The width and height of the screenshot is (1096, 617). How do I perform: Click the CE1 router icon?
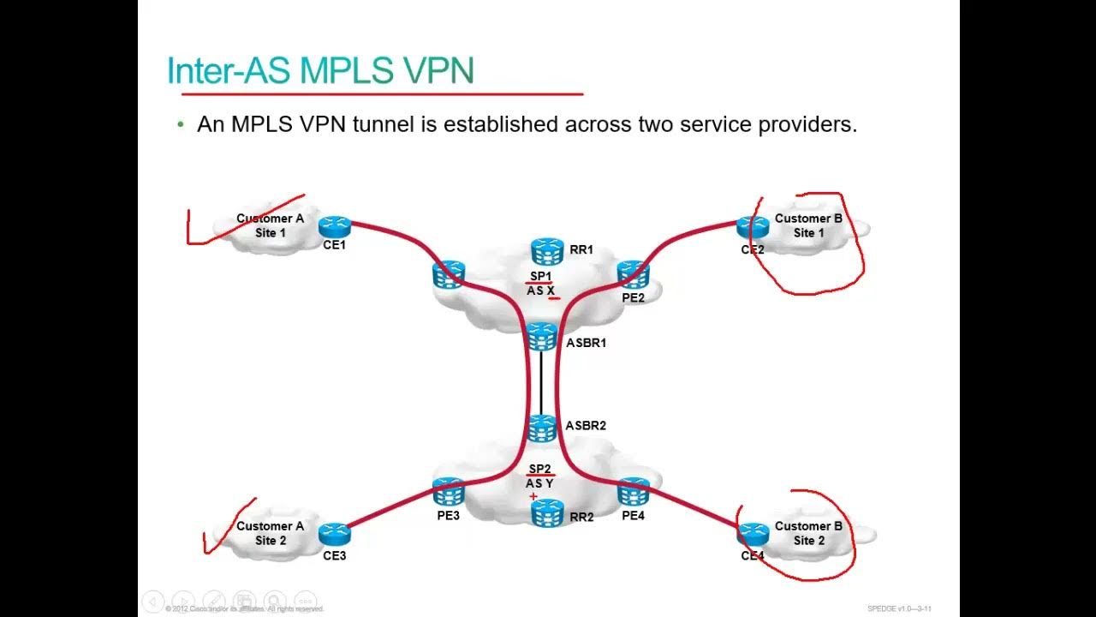tap(335, 226)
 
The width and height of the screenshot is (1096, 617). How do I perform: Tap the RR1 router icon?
tap(546, 250)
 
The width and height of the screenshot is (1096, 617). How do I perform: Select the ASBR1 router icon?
tap(541, 336)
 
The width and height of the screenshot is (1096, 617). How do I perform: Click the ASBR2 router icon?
tap(541, 428)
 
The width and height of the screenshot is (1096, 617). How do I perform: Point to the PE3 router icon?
tap(448, 492)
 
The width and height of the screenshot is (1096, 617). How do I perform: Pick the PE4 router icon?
tap(634, 492)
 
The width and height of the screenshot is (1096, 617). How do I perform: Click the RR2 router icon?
tap(546, 512)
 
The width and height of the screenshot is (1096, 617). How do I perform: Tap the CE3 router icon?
tap(335, 534)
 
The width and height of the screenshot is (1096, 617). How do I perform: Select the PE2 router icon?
tap(633, 274)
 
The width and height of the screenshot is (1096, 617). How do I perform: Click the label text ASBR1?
tap(587, 343)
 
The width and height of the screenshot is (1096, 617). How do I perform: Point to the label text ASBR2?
tap(586, 426)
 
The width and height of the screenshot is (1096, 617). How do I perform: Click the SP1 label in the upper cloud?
tap(540, 276)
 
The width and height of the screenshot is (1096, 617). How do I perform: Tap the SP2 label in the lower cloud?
tap(539, 469)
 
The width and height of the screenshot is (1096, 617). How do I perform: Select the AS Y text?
tap(539, 483)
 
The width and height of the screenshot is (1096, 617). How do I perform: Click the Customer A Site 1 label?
tap(270, 225)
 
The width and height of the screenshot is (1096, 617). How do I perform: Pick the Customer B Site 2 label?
tap(808, 533)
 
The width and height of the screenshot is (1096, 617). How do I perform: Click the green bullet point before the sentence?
tap(181, 125)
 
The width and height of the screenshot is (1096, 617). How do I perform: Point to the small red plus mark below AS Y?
tap(533, 496)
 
